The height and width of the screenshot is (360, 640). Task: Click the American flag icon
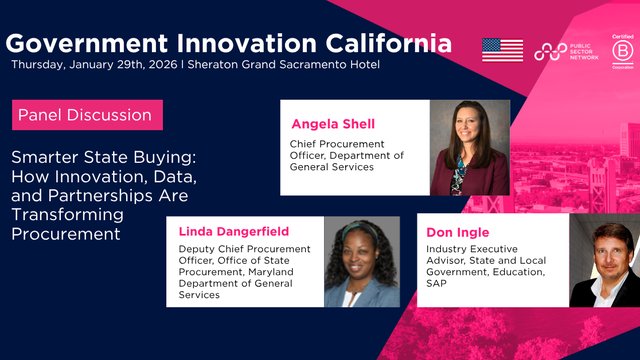point(502,50)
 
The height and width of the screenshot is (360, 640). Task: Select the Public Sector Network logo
point(566,51)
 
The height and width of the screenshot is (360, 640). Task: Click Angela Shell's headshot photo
point(470,148)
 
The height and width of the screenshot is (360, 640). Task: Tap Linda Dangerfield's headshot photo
point(360,262)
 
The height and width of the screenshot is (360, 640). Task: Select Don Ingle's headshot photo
point(604,262)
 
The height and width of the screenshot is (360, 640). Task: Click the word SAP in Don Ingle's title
point(438,283)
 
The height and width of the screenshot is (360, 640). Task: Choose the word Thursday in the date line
point(39,65)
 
